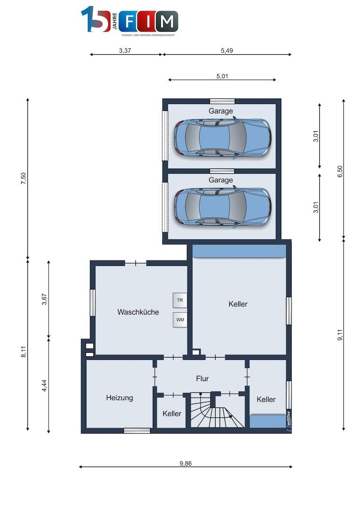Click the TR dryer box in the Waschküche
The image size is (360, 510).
click(x=180, y=300)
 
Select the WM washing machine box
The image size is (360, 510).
click(x=180, y=320)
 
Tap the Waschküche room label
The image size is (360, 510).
click(x=138, y=312)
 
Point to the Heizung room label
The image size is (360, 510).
click(x=119, y=398)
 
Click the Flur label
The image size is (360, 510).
click(x=202, y=379)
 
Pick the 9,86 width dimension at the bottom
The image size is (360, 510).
click(x=185, y=464)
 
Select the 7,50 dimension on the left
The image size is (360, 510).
click(x=23, y=178)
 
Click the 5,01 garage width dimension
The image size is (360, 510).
click(x=222, y=76)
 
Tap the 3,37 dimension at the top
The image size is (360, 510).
click(x=125, y=51)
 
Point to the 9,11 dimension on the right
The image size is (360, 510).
click(x=340, y=335)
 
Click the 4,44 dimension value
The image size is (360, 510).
click(x=44, y=385)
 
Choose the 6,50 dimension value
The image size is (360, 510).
click(x=340, y=171)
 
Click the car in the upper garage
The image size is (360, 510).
click(x=222, y=138)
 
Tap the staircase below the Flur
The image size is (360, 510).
click(x=217, y=410)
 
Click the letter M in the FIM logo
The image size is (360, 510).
click(x=167, y=22)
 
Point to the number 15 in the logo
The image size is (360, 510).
click(x=95, y=19)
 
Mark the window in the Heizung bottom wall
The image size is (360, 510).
click(x=137, y=431)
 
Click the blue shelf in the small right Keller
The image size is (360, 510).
click(x=268, y=421)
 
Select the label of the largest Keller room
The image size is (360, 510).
click(x=238, y=304)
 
